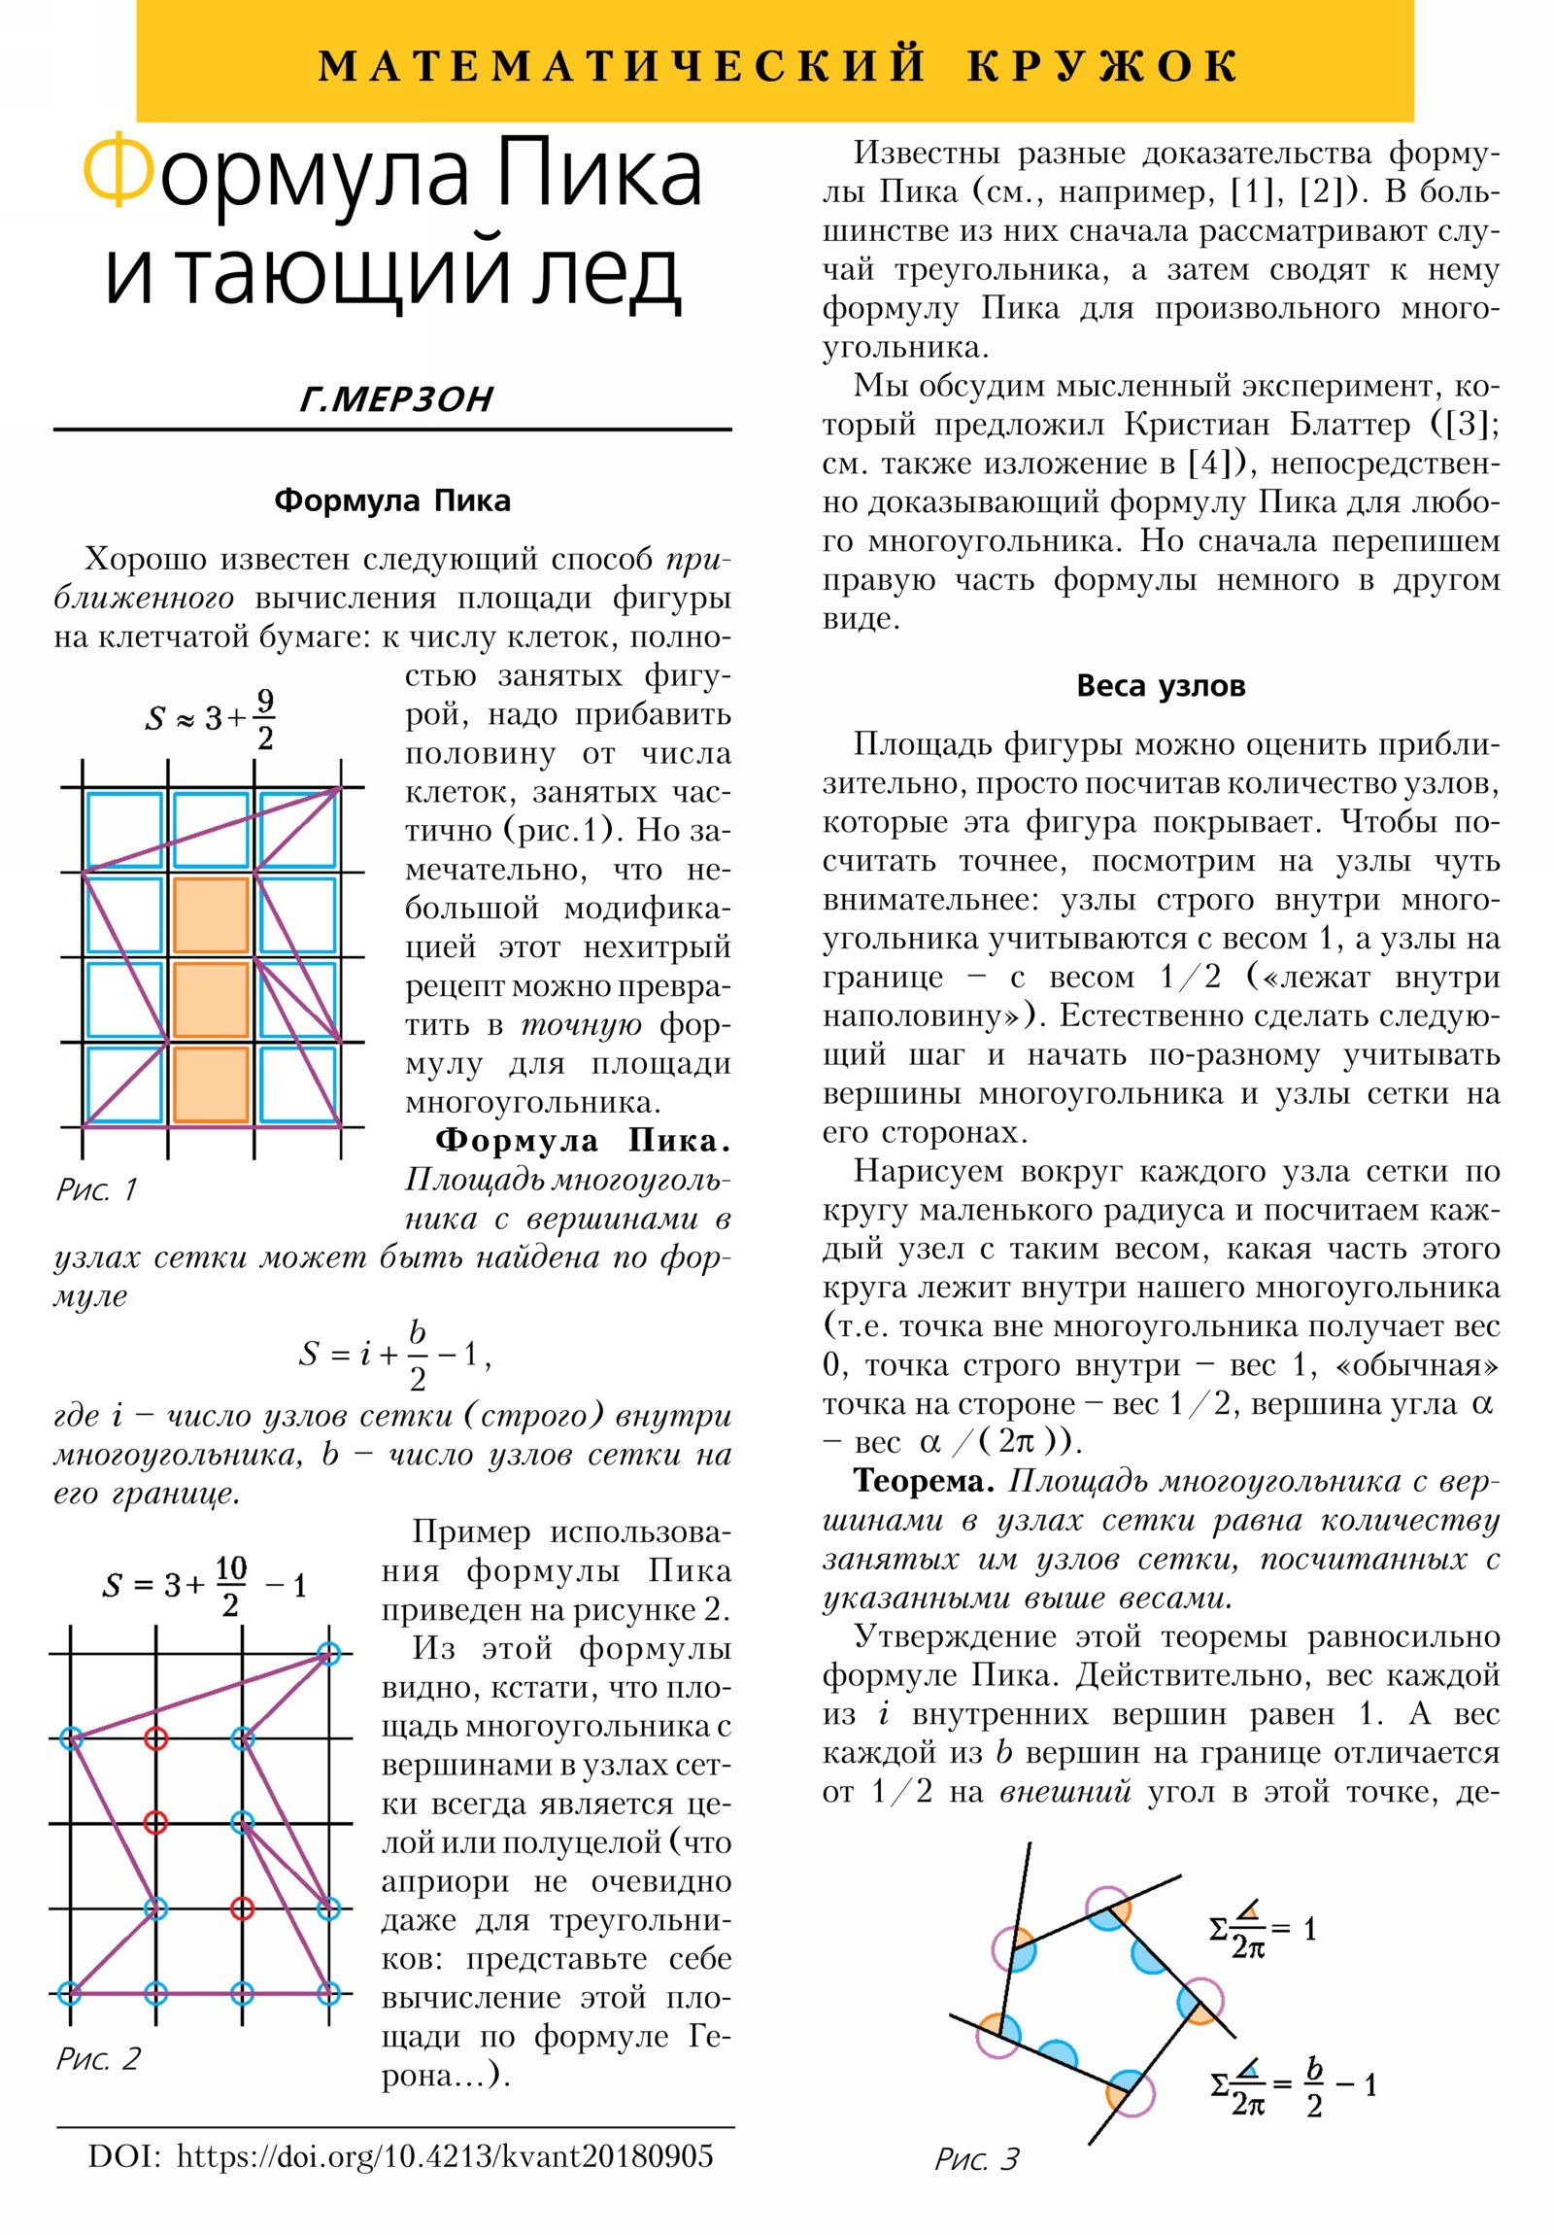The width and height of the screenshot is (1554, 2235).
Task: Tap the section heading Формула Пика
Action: (392, 500)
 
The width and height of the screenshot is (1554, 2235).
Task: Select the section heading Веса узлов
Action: (1160, 685)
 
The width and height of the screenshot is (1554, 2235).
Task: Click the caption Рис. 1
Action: (96, 1188)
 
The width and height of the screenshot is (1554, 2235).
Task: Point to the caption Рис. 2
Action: (98, 2058)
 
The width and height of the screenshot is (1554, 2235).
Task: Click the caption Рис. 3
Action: (976, 2158)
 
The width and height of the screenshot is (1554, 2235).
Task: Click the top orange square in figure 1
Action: (210, 915)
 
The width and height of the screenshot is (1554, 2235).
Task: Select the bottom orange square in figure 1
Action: (210, 1084)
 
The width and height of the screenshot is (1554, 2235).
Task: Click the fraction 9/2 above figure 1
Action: (265, 719)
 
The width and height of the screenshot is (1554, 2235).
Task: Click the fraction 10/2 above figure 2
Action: (230, 1587)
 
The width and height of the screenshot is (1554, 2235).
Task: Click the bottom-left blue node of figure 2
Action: (70, 1995)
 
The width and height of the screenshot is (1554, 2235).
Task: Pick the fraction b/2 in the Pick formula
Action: (417, 1354)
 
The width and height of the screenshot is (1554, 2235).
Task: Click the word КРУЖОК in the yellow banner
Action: (1101, 66)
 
